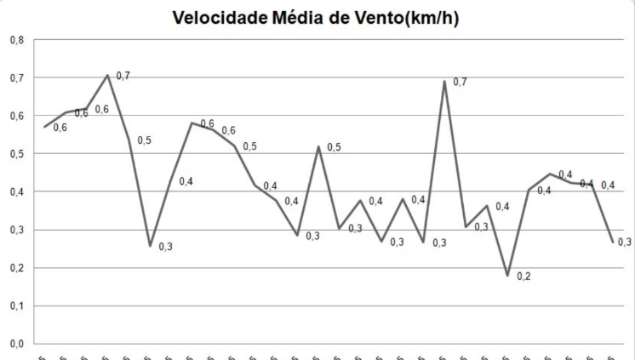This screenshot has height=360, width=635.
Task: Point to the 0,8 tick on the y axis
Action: coord(17,40)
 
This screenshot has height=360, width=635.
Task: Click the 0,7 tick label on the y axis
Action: coord(17,77)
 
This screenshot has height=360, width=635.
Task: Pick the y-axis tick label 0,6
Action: coord(17,116)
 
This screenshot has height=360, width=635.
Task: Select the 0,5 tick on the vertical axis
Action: coord(17,154)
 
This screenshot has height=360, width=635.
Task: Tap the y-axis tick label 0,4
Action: coord(17,191)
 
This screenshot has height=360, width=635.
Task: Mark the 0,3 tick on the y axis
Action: coord(17,230)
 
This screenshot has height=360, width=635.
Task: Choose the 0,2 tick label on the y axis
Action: coord(17,268)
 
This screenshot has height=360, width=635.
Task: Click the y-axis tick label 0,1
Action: coord(17,306)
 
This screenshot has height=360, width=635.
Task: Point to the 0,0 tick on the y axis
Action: coord(17,344)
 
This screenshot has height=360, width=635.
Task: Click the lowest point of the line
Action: coord(507,276)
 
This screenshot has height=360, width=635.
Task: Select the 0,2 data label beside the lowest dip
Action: coord(523,277)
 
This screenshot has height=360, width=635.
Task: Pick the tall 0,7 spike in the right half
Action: coord(444,82)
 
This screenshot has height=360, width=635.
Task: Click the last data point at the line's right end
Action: coord(613,242)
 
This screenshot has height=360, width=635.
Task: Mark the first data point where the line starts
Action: coord(45,127)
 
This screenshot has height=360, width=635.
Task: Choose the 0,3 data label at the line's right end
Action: coord(624,243)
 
